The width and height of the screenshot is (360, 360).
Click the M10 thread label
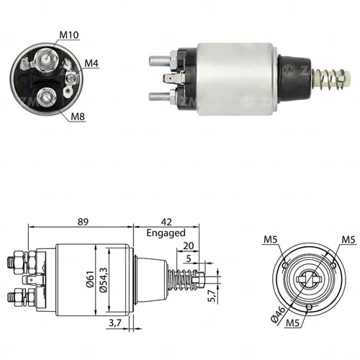pyautogui.click(x=69, y=35)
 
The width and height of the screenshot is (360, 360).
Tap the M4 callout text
pyautogui.click(x=91, y=63)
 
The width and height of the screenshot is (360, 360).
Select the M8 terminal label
pyautogui.click(x=78, y=117)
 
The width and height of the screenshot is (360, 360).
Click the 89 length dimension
pyautogui.click(x=83, y=222)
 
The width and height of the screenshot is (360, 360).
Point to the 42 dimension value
pyautogui.click(x=166, y=222)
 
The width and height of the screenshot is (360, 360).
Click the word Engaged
pyautogui.click(x=166, y=233)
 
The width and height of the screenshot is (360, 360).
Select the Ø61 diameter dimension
pyautogui.click(x=89, y=279)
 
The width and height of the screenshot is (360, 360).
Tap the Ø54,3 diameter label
pyautogui.click(x=103, y=279)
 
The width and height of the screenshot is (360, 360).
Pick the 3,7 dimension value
pyautogui.click(x=115, y=323)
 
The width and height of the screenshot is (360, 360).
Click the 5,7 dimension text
pyautogui.click(x=212, y=295)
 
